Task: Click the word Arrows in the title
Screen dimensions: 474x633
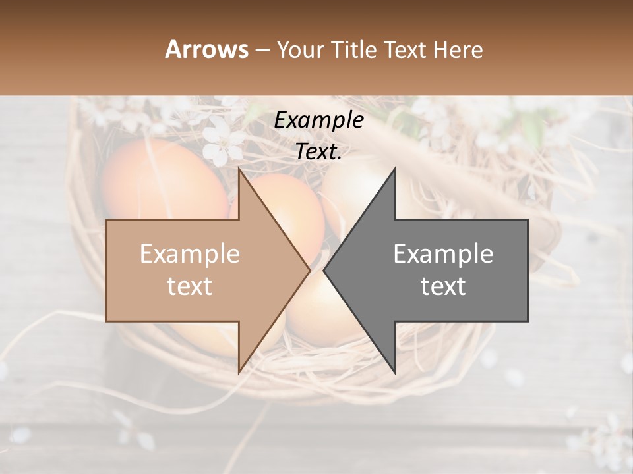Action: (206, 49)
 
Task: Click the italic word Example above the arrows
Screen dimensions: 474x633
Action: (318, 120)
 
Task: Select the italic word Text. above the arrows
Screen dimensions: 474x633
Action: (318, 151)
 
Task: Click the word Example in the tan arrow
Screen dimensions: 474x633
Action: (189, 253)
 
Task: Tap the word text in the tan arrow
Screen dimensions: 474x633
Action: (189, 286)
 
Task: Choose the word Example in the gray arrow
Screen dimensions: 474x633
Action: (443, 253)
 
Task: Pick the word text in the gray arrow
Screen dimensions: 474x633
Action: (443, 286)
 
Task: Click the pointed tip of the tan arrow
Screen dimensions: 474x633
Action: (309, 270)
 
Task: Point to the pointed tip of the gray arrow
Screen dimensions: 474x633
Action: (325, 270)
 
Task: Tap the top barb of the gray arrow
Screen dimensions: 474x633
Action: (394, 171)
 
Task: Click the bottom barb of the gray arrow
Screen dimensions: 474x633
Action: (394, 371)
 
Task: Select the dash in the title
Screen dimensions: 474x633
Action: (262, 51)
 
